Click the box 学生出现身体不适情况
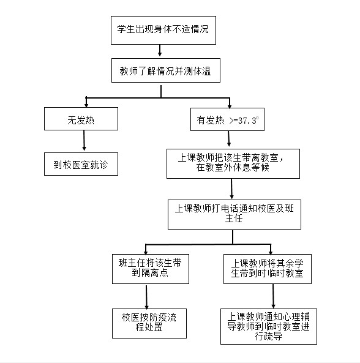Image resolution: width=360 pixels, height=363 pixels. [x=163, y=30]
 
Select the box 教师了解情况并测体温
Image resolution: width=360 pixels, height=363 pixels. [x=166, y=70]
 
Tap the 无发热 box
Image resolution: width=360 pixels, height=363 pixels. [x=81, y=119]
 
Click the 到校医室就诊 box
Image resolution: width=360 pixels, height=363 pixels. [x=81, y=164]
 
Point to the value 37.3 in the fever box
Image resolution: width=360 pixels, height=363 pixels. [x=247, y=121]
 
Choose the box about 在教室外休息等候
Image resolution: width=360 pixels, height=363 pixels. [x=233, y=163]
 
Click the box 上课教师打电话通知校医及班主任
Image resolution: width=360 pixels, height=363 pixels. [x=234, y=215]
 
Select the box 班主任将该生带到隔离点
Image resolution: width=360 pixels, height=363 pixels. [x=151, y=269]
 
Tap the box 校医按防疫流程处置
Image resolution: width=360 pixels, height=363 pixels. [x=149, y=323]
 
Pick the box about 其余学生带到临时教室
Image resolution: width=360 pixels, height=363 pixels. [x=268, y=269]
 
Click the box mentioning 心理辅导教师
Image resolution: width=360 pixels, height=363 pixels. [x=269, y=326]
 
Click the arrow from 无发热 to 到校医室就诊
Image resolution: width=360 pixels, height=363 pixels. [x=84, y=140]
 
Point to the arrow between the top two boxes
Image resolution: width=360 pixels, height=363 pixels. [x=160, y=50]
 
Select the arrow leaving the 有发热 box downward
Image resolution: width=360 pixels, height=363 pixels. [x=229, y=139]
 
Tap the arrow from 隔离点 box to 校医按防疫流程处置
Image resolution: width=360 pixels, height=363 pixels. [x=146, y=297]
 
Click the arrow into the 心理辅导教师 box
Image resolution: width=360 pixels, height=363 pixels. [x=273, y=296]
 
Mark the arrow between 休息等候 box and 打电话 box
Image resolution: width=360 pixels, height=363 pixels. [x=231, y=189]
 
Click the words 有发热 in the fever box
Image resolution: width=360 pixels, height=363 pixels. [x=210, y=121]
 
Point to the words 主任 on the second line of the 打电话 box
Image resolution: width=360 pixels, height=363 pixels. [x=234, y=219]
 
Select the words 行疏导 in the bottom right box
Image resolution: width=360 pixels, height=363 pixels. [x=269, y=336]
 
